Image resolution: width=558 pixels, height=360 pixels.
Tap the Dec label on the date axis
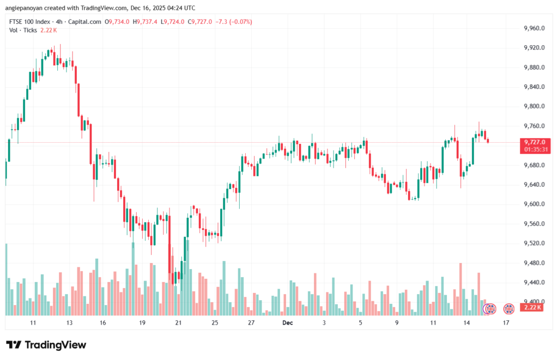pyautogui.click(x=288, y=323)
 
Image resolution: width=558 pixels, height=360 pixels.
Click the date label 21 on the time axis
pyautogui.click(x=178, y=323)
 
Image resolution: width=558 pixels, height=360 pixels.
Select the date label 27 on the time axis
pyautogui.click(x=251, y=323)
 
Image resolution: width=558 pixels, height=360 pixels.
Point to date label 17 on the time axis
pyautogui.click(x=506, y=323)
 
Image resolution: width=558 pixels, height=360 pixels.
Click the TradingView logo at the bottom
pyautogui.click(x=46, y=345)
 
